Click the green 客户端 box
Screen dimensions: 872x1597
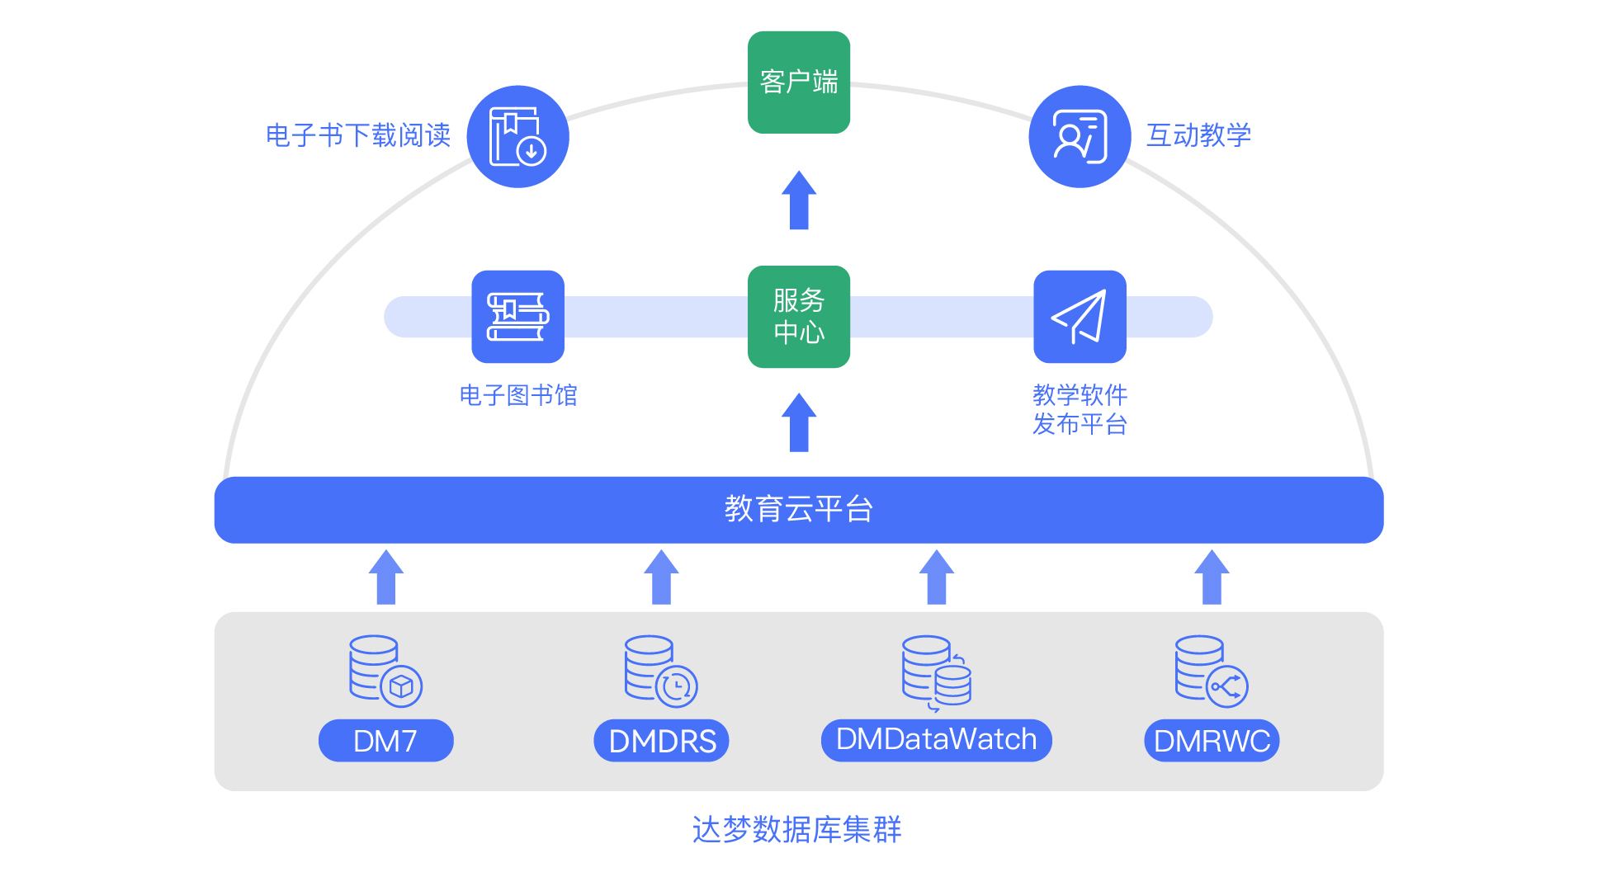[x=798, y=82]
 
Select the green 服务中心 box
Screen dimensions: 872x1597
[x=798, y=317]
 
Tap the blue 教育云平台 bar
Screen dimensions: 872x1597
[x=798, y=509]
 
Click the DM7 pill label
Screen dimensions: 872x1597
[x=385, y=741]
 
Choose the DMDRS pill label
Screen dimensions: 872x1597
[x=661, y=741]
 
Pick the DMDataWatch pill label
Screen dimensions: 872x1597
[x=936, y=740]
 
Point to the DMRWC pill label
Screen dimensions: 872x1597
[x=1212, y=741]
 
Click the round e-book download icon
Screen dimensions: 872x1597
[x=517, y=137]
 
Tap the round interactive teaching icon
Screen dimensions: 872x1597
[x=1080, y=137]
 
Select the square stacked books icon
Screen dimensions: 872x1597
[x=517, y=317]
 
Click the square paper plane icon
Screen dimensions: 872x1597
[x=1080, y=317]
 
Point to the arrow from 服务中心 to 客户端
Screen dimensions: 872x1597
[x=798, y=200]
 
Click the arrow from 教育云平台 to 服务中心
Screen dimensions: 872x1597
[x=798, y=422]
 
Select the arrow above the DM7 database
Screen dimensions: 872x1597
[x=385, y=577]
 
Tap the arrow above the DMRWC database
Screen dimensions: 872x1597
[x=1212, y=577]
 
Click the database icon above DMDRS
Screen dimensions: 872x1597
[x=660, y=671]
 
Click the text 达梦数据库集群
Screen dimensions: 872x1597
[x=796, y=829]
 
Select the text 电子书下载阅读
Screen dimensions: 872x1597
[x=358, y=135]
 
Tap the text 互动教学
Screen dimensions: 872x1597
[x=1198, y=135]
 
